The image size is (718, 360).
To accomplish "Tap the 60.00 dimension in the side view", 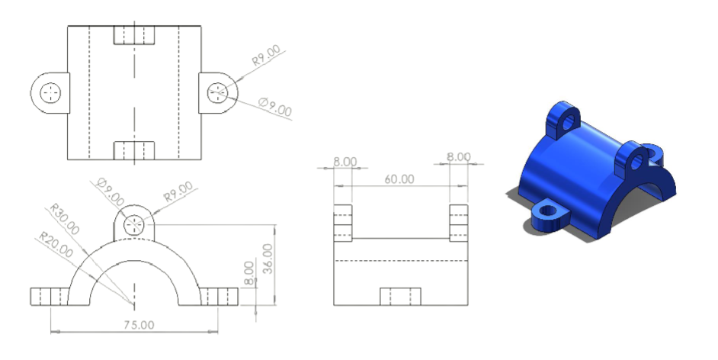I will (399, 180).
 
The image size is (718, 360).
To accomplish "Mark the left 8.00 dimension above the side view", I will (345, 162).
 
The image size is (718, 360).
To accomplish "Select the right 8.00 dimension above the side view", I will (459, 157).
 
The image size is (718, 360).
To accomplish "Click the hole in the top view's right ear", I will (217, 92).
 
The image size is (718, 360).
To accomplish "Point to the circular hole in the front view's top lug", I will (134, 224).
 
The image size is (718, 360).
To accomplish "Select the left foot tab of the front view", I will (50, 295).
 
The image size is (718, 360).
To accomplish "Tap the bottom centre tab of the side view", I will (400, 297).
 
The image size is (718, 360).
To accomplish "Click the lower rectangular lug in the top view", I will (134, 149).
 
